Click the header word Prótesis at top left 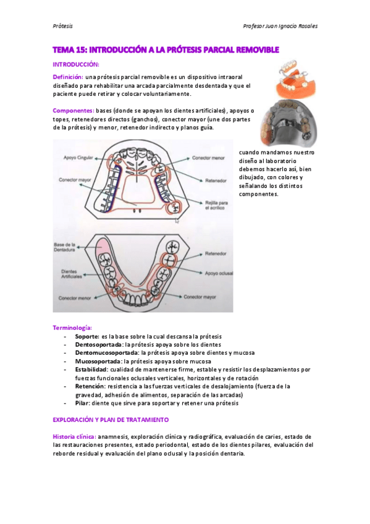(x=62, y=26)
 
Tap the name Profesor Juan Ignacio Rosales (x=281, y=26)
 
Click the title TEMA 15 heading (x=166, y=49)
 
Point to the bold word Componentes (x=73, y=111)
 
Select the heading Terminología (x=73, y=327)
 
